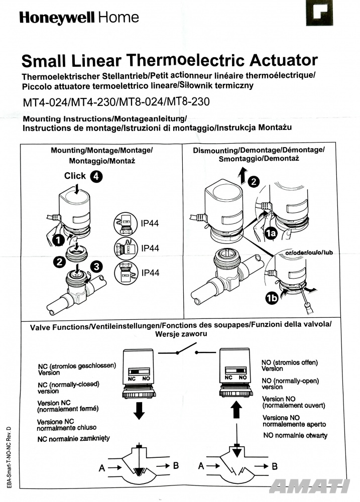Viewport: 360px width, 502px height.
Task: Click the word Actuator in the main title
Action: (x=279, y=61)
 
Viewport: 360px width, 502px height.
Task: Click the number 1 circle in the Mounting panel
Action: (x=59, y=241)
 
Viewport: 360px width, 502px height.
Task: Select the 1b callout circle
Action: (x=272, y=300)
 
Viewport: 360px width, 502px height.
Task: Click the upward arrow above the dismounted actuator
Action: (x=242, y=176)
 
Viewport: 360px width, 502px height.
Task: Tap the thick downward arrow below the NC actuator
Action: (x=139, y=411)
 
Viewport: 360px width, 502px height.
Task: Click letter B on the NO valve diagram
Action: (x=275, y=466)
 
